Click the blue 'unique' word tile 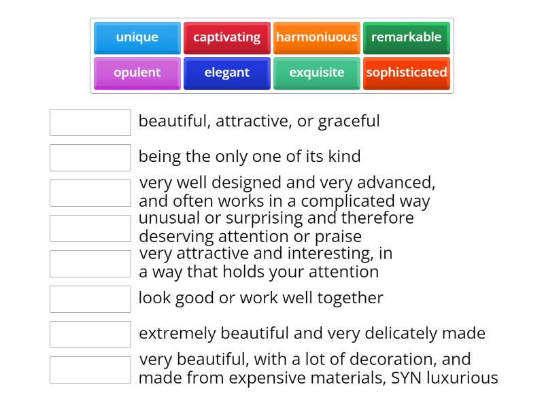point(137,37)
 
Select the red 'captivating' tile point(226,37)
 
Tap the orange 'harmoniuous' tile point(316,37)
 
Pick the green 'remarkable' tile point(406,37)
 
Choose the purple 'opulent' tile point(137,73)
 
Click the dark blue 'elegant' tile point(226,73)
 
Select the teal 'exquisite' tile point(316,73)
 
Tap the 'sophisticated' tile point(406,73)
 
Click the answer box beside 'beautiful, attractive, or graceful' point(90,122)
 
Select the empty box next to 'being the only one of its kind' point(90,158)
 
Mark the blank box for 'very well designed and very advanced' point(90,193)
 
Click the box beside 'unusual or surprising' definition point(90,228)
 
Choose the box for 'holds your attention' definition point(90,264)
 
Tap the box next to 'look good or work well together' point(90,299)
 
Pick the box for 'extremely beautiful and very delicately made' point(90,335)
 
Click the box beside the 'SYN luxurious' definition point(90,370)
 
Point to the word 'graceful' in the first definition point(349,122)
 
